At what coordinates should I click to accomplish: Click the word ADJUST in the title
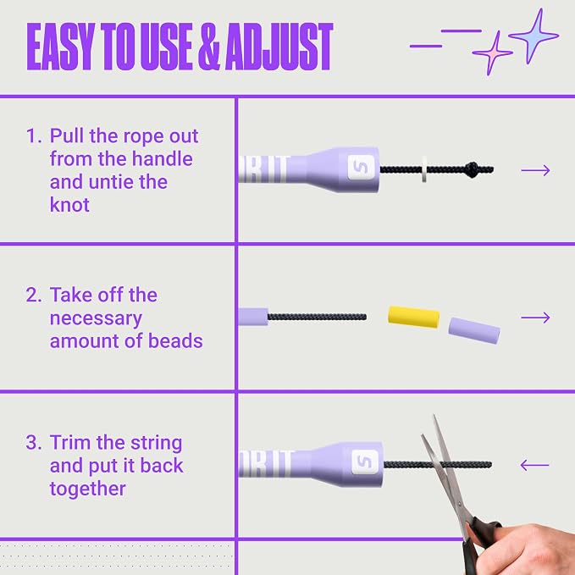pyautogui.click(x=279, y=47)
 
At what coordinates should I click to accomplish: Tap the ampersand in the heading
pyautogui.click(x=208, y=47)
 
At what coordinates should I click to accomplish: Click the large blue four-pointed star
pyautogui.click(x=534, y=36)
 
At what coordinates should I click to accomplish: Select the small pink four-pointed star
pyautogui.click(x=492, y=53)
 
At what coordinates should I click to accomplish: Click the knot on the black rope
pyautogui.click(x=473, y=169)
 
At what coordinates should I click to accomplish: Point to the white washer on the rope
pyautogui.click(x=424, y=169)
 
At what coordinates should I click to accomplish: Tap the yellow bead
pyautogui.click(x=413, y=317)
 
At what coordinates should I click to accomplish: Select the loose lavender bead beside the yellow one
pyautogui.click(x=474, y=330)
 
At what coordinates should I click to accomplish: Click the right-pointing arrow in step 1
pyautogui.click(x=535, y=170)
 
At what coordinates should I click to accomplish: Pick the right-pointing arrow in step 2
pyautogui.click(x=535, y=318)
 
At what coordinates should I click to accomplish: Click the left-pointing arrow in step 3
pyautogui.click(x=534, y=466)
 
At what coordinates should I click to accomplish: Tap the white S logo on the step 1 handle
pyautogui.click(x=362, y=167)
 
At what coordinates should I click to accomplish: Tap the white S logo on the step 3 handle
pyautogui.click(x=365, y=462)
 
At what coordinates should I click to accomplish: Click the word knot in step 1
pyautogui.click(x=69, y=205)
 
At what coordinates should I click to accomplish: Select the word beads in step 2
pyautogui.click(x=175, y=340)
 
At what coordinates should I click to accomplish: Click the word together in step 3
pyautogui.click(x=87, y=489)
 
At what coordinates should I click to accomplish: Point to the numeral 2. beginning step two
pyautogui.click(x=34, y=295)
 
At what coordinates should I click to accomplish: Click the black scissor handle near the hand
pyautogui.click(x=480, y=540)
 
